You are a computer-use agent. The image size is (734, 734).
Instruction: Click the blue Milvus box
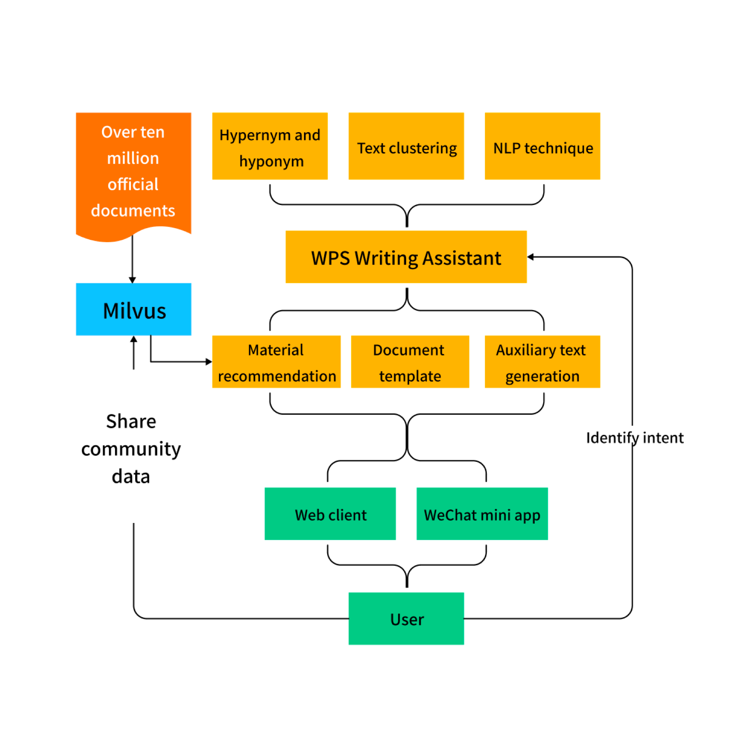[133, 309]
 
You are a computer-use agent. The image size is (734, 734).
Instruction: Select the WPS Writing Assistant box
[406, 257]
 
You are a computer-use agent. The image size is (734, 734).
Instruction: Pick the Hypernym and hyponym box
[270, 146]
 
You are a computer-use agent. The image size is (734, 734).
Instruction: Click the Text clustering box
[406, 146]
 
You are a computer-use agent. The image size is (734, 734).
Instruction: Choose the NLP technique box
[542, 146]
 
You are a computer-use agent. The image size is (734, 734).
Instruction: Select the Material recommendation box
[276, 362]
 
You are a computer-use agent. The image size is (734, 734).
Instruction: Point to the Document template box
[410, 362]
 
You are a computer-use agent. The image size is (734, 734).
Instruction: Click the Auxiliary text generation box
[542, 362]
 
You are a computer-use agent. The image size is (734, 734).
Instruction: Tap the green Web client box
[330, 514]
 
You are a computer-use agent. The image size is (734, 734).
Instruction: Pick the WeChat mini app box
[482, 514]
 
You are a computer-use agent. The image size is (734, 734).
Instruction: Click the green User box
[406, 618]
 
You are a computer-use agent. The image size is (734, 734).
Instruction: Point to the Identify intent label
[634, 437]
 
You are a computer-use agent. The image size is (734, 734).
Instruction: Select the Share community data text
[131, 449]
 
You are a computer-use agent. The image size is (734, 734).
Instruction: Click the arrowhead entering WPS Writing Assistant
[531, 257]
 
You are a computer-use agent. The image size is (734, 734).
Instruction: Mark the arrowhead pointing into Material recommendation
[208, 362]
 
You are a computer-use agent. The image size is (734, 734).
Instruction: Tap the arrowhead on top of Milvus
[133, 280]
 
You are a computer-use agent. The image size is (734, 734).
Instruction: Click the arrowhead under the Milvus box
[133, 339]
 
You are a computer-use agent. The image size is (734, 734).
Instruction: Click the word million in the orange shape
[133, 158]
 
